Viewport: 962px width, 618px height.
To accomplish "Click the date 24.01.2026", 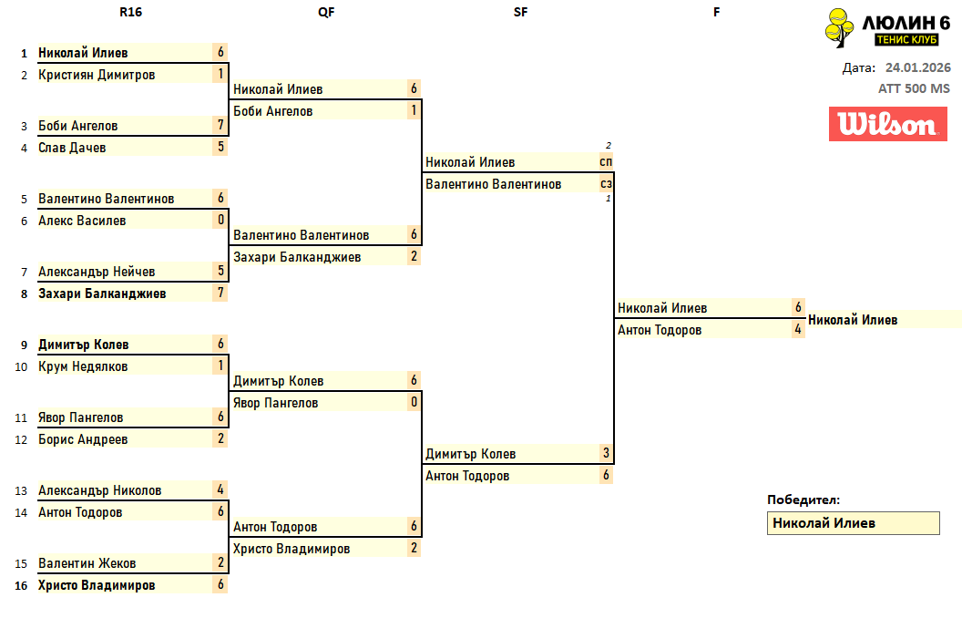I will [x=917, y=67].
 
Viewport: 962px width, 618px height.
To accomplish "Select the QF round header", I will [x=325, y=12].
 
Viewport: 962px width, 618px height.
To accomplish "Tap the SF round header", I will [x=520, y=12].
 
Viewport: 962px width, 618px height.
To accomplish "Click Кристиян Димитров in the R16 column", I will [x=97, y=75].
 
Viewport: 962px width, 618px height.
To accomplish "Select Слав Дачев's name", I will [x=72, y=148].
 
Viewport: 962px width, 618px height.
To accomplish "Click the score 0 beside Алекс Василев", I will [x=220, y=221].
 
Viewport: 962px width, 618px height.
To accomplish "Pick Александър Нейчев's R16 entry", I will [x=97, y=272].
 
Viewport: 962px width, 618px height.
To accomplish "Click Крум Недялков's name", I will [x=83, y=366].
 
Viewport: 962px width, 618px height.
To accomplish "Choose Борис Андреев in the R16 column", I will [x=83, y=439].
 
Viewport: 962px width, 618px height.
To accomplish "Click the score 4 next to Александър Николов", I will [x=220, y=490].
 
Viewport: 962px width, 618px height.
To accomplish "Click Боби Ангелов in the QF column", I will [x=272, y=111].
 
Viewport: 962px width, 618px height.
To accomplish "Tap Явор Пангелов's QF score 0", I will [x=414, y=403].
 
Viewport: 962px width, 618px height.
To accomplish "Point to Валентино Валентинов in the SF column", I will [x=493, y=184].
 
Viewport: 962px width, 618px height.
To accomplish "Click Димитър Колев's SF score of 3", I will [x=606, y=454].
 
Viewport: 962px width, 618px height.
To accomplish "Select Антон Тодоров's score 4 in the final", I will [x=798, y=330].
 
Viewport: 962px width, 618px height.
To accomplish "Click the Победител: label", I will [x=803, y=500].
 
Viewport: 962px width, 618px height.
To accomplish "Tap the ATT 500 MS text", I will [x=914, y=88].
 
